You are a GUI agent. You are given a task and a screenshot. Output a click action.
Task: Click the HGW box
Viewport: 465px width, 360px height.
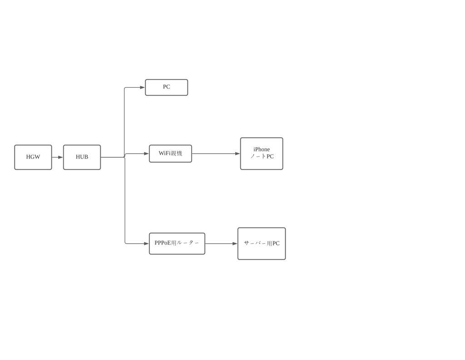33,157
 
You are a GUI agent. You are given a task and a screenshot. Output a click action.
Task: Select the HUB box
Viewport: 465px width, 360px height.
82,157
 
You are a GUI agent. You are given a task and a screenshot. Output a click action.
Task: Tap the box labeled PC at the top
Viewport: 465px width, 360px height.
166,88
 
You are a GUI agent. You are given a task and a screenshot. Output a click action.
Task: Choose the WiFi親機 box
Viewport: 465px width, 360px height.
171,154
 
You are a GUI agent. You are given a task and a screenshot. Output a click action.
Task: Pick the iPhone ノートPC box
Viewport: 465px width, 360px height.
262,154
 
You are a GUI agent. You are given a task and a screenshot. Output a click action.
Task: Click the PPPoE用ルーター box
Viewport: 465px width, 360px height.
177,244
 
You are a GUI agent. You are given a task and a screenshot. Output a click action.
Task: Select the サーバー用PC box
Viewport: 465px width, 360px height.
262,244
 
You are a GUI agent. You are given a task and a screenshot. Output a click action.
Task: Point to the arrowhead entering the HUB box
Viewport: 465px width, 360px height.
61,157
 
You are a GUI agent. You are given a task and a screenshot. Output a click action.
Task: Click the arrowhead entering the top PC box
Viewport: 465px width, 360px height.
143,88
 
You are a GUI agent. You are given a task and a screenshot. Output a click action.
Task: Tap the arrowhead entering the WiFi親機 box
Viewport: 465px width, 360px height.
147,154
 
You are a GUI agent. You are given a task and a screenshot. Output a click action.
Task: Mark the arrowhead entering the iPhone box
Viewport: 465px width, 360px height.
238,154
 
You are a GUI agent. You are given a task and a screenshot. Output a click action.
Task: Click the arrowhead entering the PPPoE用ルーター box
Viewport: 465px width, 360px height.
147,244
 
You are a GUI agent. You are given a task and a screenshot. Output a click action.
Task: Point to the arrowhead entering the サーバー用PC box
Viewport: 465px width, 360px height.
235,244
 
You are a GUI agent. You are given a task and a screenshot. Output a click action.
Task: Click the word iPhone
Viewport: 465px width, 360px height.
262,150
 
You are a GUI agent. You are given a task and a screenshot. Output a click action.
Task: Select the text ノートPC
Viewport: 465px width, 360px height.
262,156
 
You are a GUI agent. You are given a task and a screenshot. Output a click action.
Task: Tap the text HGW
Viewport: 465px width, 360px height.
33,157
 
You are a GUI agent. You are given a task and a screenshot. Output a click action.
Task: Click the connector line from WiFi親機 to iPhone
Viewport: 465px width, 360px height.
216,154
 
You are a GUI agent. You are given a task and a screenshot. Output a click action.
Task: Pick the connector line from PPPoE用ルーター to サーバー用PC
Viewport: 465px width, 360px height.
221,244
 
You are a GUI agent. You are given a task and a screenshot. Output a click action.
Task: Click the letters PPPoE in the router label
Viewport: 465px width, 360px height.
163,243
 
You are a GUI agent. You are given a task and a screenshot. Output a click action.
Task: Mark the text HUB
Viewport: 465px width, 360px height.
82,157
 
